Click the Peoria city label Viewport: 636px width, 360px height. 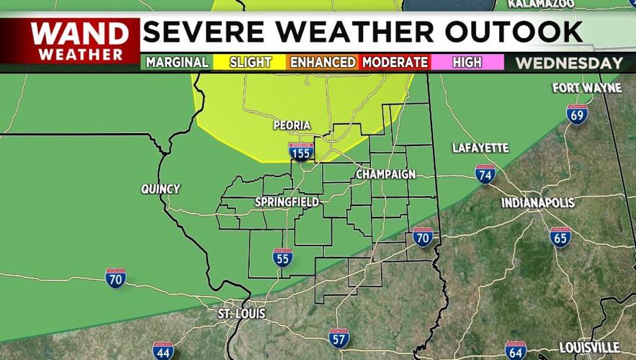pos(292,126)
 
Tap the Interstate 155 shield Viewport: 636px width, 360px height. pos(301,151)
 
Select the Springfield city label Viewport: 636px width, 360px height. pos(287,202)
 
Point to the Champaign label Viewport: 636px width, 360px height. pos(385,175)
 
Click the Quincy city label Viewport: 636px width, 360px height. pos(161,189)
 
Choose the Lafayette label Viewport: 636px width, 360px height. pos(480,148)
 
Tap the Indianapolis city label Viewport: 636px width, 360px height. pos(538,203)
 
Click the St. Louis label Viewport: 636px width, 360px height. pos(241,314)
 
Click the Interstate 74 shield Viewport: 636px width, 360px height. pos(485,174)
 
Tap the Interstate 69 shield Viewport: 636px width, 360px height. pos(577,114)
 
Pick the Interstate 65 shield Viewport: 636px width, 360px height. pos(560,237)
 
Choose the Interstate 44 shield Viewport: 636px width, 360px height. pos(164,351)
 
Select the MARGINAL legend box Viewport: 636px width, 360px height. pos(177,63)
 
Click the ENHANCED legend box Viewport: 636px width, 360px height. pos(323,63)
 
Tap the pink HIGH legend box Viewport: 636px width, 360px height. pos(467,63)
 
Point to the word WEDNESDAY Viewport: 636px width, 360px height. pos(569,63)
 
